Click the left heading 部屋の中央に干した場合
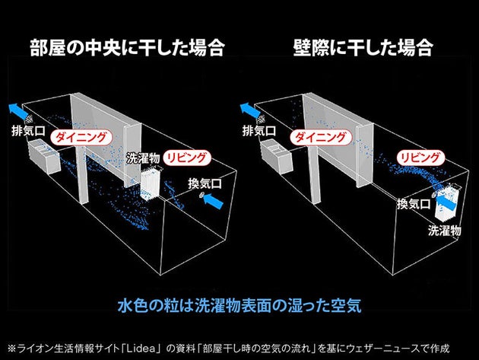[x=127, y=49]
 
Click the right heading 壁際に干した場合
[x=363, y=49]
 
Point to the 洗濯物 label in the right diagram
[x=443, y=229]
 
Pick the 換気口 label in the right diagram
[x=412, y=204]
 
